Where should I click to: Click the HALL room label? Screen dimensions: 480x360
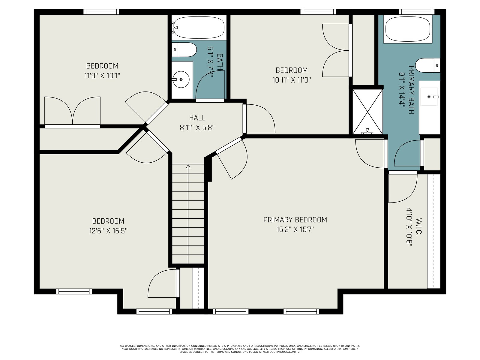pos(197,118)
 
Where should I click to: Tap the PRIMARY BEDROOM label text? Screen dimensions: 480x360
pos(295,220)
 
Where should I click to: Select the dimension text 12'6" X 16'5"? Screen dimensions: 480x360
pos(108,231)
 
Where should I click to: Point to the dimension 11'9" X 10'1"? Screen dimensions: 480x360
pos(102,76)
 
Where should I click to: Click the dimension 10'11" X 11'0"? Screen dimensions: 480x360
pos(292,80)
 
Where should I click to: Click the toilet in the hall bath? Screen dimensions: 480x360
pos(184,50)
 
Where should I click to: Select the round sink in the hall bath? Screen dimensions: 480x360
pos(181,79)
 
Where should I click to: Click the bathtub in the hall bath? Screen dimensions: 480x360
pos(199,28)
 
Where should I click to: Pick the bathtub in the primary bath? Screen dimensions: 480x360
pos(408,29)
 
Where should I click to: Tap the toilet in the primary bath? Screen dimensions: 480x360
pos(428,65)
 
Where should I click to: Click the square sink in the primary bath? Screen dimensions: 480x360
pos(429,97)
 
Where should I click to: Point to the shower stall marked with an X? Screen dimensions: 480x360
pos(367,112)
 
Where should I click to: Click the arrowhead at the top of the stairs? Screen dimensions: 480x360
pos(188,166)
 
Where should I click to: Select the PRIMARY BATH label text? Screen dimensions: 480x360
pos(411,90)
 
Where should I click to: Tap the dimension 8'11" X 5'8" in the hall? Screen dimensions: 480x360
pos(197,128)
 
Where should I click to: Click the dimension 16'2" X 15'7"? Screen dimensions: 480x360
pos(295,229)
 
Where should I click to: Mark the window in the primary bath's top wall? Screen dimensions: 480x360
pos(417,12)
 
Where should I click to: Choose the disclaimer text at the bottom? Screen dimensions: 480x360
pos(240,349)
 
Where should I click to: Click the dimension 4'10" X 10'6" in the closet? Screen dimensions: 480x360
pos(409,227)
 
